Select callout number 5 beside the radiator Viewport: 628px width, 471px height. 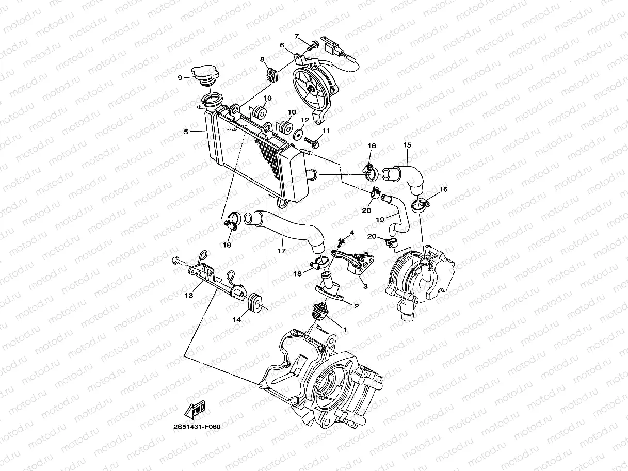click(186, 132)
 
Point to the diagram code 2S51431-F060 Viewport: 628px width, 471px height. click(197, 427)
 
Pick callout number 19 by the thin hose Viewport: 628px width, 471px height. click(380, 219)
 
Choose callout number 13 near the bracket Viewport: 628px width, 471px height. click(189, 296)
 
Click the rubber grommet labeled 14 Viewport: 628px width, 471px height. click(255, 302)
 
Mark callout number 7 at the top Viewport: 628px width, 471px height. click(297, 36)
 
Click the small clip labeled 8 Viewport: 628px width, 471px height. click(271, 75)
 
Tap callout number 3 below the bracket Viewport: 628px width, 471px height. click(365, 286)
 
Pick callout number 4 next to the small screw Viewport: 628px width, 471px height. click(352, 233)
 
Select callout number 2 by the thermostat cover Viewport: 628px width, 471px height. click(356, 306)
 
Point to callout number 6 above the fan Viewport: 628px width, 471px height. click(282, 45)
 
